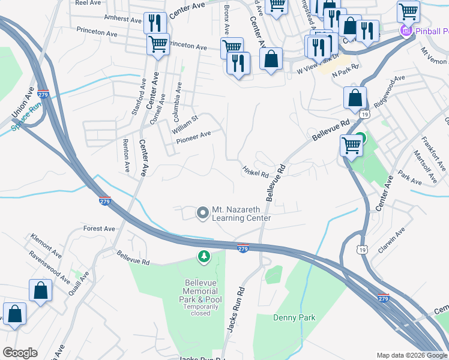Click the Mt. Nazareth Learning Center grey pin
(x=203, y=212)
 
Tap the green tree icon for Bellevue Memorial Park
(x=204, y=257)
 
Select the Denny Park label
(x=294, y=317)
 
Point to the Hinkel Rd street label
(x=256, y=172)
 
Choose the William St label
(x=184, y=124)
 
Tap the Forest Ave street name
(x=99, y=229)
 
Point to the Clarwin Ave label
(x=391, y=239)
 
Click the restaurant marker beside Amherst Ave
(x=155, y=23)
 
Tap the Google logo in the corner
(x=20, y=353)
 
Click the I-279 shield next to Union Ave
(x=43, y=94)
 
